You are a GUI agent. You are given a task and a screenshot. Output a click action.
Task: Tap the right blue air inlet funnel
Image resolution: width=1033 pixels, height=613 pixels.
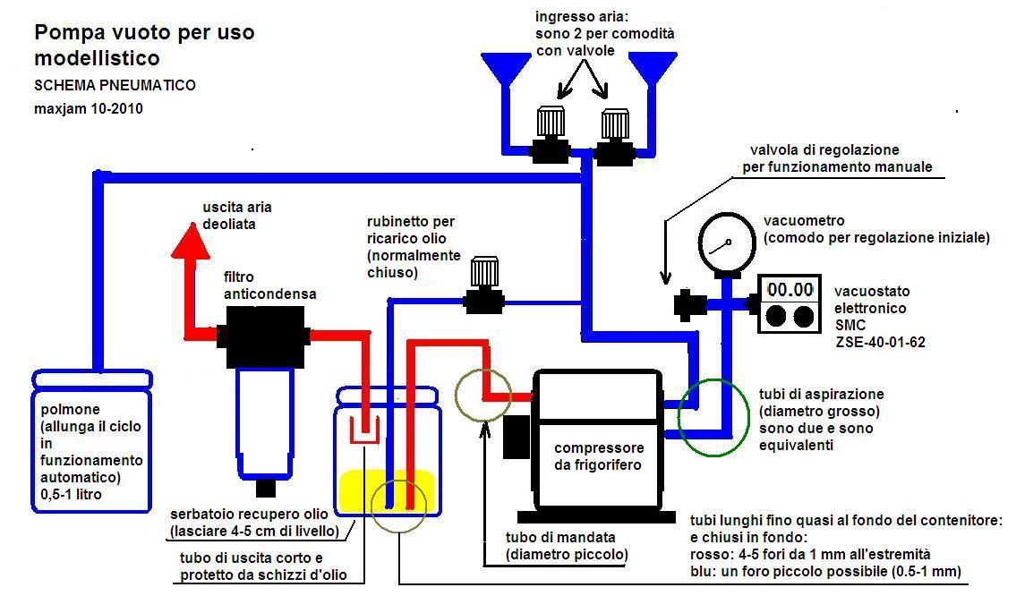pyautogui.click(x=651, y=68)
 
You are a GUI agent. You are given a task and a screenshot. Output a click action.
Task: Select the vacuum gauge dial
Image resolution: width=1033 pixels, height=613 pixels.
pyautogui.click(x=724, y=241)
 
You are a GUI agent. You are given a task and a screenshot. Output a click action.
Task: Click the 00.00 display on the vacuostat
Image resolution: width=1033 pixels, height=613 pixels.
pyautogui.click(x=790, y=290)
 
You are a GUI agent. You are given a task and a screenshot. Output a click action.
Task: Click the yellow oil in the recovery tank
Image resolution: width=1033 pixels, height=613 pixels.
pyautogui.click(x=387, y=492)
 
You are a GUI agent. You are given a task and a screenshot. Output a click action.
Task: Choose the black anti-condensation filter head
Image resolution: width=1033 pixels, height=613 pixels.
pyautogui.click(x=263, y=336)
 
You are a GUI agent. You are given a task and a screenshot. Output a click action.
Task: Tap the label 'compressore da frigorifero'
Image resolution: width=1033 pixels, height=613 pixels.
pyautogui.click(x=598, y=456)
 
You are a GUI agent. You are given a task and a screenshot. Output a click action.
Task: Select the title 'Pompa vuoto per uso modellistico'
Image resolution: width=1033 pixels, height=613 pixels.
pyautogui.click(x=144, y=46)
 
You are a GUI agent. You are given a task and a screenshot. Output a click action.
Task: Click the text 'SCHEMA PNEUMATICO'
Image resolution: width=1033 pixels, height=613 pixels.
pyautogui.click(x=115, y=86)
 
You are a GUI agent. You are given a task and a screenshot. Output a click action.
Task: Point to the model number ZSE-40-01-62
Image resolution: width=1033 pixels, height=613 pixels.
pyautogui.click(x=880, y=341)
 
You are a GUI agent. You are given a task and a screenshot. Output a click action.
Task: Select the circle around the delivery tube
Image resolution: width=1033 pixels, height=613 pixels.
pyautogui.click(x=483, y=394)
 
